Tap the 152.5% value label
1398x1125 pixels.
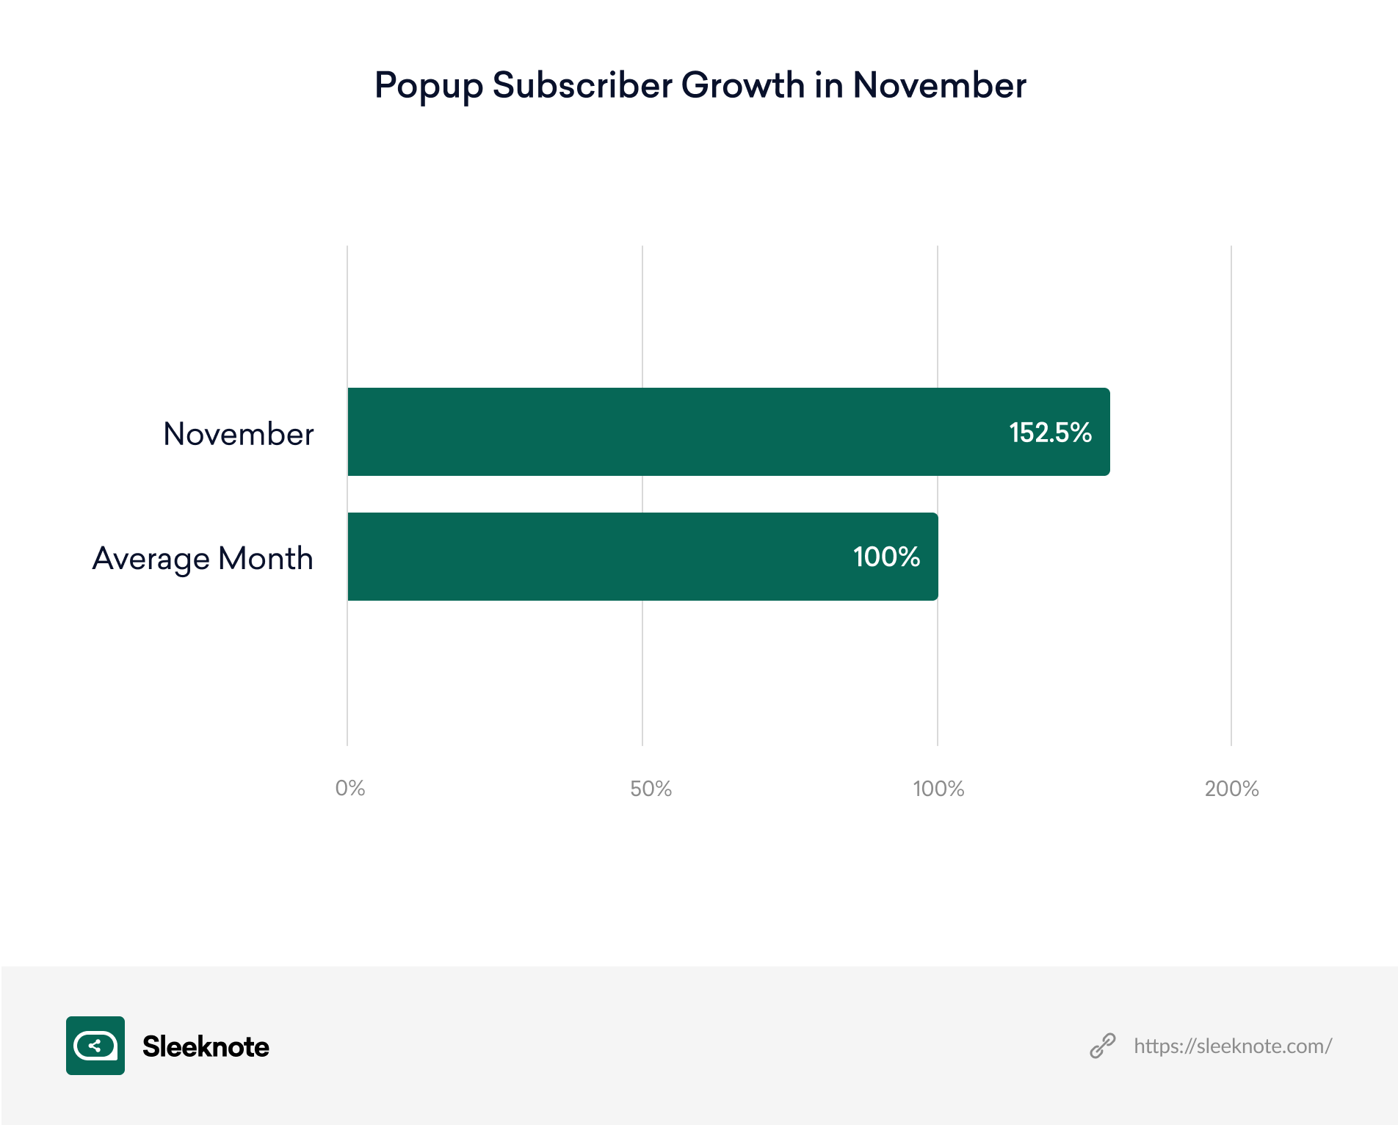pyautogui.click(x=1050, y=433)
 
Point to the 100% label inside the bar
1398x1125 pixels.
pyautogui.click(x=886, y=557)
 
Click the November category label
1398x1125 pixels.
pyautogui.click(x=239, y=434)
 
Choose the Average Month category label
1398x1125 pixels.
pyautogui.click(x=203, y=559)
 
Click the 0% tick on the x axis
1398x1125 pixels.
pyautogui.click(x=349, y=789)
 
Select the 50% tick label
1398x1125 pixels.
pyautogui.click(x=651, y=789)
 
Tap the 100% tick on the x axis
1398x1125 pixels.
pyautogui.click(x=938, y=789)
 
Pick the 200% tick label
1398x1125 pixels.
pyautogui.click(x=1231, y=789)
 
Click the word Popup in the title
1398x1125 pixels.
pyautogui.click(x=428, y=87)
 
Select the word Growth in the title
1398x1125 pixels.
pyautogui.click(x=742, y=85)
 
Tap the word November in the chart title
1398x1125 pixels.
pyautogui.click(x=939, y=85)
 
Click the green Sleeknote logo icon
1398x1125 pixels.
pyautogui.click(x=95, y=1046)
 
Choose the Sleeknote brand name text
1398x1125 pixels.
pyautogui.click(x=206, y=1046)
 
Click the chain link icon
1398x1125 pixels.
pyautogui.click(x=1102, y=1046)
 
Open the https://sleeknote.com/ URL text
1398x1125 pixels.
pyautogui.click(x=1233, y=1046)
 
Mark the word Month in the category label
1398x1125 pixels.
pyautogui.click(x=266, y=559)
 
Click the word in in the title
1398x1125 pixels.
pyautogui.click(x=828, y=85)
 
